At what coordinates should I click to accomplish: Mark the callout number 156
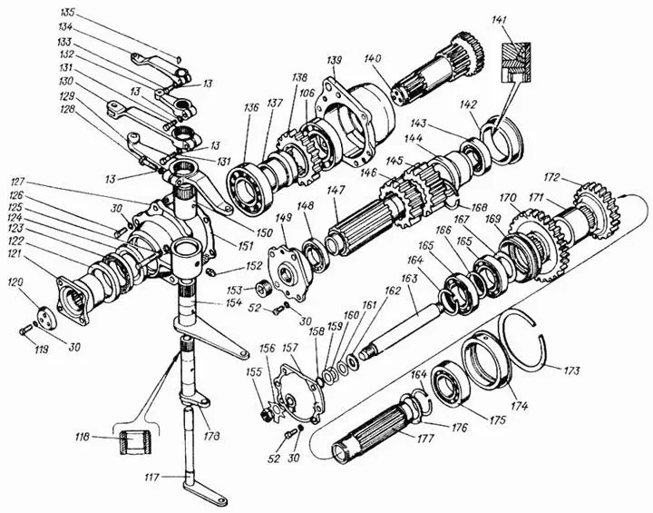pos(267,348)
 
